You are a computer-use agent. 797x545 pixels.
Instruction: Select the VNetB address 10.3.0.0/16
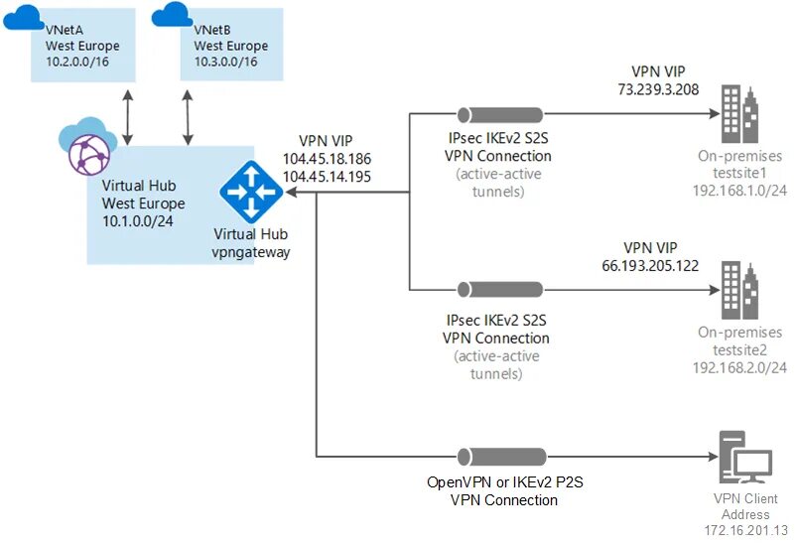tap(224, 62)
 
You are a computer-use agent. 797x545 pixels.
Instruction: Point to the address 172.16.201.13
tap(746, 530)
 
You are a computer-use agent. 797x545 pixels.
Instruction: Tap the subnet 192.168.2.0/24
tap(741, 367)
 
